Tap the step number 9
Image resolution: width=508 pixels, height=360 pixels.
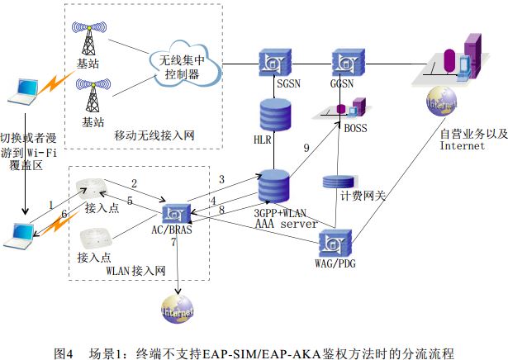click(x=306, y=147)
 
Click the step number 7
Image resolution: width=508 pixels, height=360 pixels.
click(x=173, y=243)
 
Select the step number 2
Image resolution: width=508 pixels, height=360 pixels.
click(x=133, y=182)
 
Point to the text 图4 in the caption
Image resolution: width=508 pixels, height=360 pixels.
click(x=64, y=352)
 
